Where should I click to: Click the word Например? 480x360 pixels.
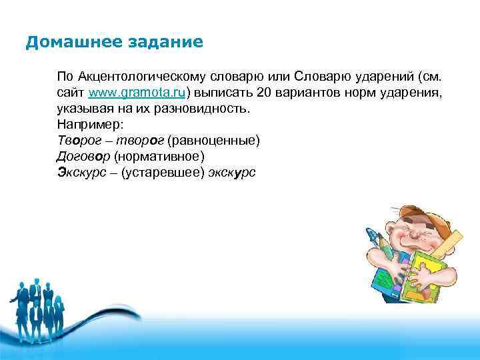click(x=86, y=124)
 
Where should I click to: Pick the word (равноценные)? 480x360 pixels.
click(x=214, y=141)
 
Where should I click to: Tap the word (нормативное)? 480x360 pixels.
click(x=159, y=157)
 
